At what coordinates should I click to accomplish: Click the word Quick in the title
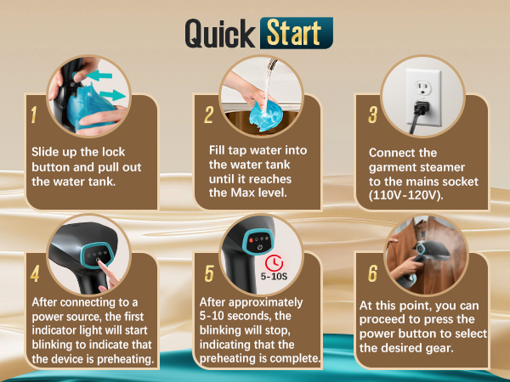click(x=220, y=34)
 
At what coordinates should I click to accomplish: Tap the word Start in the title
click(x=294, y=33)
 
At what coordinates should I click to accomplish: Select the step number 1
click(x=33, y=115)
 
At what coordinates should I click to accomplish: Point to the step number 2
click(x=209, y=115)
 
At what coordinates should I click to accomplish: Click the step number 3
click(x=373, y=115)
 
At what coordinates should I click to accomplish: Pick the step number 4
click(x=35, y=273)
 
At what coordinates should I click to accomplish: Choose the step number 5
click(x=209, y=273)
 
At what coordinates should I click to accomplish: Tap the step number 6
click(x=373, y=273)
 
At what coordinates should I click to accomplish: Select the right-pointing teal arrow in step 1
click(x=112, y=95)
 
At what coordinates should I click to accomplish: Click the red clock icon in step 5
click(x=274, y=262)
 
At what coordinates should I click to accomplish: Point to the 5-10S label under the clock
click(x=274, y=277)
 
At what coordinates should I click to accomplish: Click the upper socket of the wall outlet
click(x=422, y=88)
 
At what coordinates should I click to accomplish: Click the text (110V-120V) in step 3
click(x=406, y=195)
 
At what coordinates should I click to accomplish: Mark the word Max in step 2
click(x=242, y=193)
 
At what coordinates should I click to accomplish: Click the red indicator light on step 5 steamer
click(x=251, y=240)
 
